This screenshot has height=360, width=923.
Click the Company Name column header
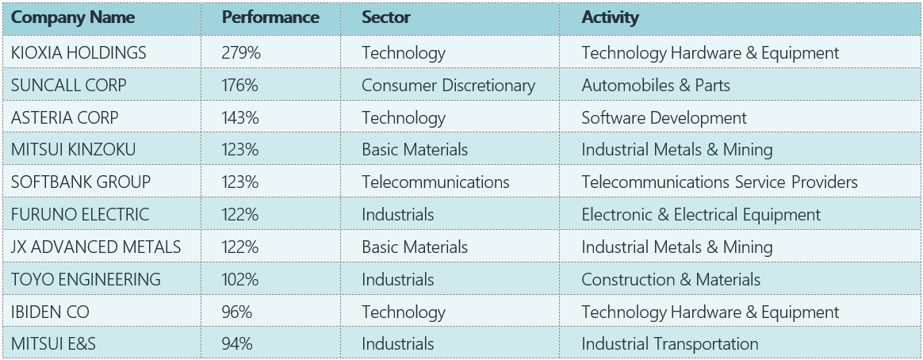pyautogui.click(x=73, y=17)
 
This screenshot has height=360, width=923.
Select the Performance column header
pyautogui.click(x=270, y=17)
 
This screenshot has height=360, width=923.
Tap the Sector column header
pyautogui.click(x=386, y=17)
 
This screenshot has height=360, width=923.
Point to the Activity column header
pyautogui.click(x=611, y=17)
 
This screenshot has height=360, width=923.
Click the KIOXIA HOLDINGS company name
pyautogui.click(x=79, y=53)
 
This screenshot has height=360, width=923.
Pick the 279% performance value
pyautogui.click(x=241, y=53)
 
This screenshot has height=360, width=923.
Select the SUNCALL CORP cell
pyautogui.click(x=69, y=85)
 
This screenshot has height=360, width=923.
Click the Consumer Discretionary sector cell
pyautogui.click(x=448, y=85)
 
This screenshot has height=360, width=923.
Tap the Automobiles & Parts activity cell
pyautogui.click(x=656, y=85)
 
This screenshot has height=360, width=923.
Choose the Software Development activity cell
pyautogui.click(x=664, y=117)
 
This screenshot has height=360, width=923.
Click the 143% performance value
pyautogui.click(x=241, y=117)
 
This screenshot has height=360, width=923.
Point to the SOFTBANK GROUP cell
pyautogui.click(x=81, y=182)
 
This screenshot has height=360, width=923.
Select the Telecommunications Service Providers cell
pyautogui.click(x=719, y=182)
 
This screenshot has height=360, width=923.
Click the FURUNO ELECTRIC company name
pyautogui.click(x=80, y=214)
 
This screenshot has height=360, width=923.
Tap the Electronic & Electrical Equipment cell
pyautogui.click(x=701, y=214)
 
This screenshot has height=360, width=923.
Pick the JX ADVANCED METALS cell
pyautogui.click(x=96, y=247)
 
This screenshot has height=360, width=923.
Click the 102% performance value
pyautogui.click(x=241, y=279)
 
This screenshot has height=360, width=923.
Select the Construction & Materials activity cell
pyautogui.click(x=671, y=279)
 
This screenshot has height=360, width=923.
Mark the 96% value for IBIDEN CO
pyautogui.click(x=237, y=312)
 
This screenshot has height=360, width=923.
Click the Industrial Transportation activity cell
pyautogui.click(x=670, y=343)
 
